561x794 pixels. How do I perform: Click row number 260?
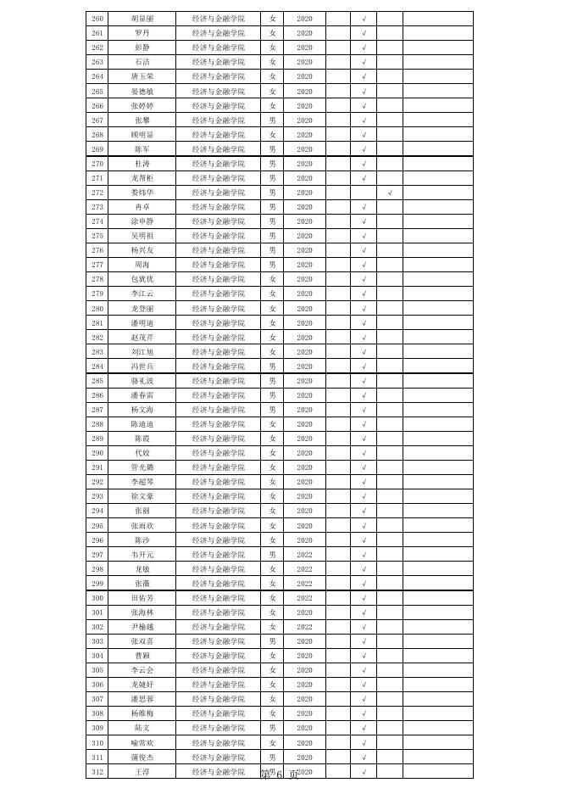(x=97, y=19)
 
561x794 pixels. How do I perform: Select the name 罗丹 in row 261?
(x=142, y=33)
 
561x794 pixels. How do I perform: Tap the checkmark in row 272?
(x=390, y=193)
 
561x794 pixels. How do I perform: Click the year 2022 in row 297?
(x=304, y=555)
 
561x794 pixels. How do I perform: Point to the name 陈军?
(x=142, y=149)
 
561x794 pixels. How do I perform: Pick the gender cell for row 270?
(x=272, y=164)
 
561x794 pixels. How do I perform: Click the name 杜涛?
(x=142, y=164)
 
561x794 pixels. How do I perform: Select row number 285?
(x=97, y=381)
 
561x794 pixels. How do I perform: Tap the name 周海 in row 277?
(x=142, y=265)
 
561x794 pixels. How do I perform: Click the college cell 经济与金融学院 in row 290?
(x=218, y=453)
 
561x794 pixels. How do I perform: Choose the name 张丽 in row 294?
(x=142, y=511)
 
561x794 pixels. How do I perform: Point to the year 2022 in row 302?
(x=304, y=627)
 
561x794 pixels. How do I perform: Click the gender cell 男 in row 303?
(x=272, y=641)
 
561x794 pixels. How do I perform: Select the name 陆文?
(x=142, y=728)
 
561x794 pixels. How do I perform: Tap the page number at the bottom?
(x=279, y=774)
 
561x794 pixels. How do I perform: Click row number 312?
(x=97, y=772)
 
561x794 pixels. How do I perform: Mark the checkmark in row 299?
(x=364, y=584)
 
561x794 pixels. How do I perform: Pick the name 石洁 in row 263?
(x=142, y=62)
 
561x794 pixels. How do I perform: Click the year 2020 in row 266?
(x=304, y=106)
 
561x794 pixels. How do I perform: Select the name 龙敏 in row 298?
(x=142, y=569)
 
